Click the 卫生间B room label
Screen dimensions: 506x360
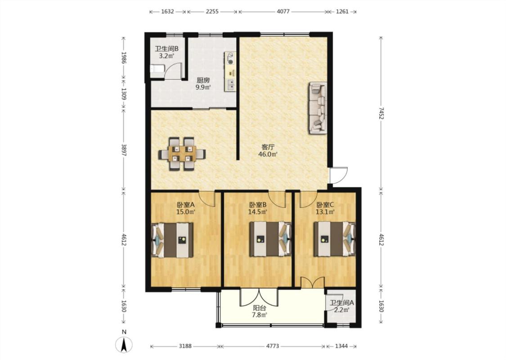[x=166, y=49]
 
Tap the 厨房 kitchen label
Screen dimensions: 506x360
[x=203, y=81]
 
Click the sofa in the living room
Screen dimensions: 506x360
[x=318, y=108]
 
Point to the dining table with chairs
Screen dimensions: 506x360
[x=182, y=154]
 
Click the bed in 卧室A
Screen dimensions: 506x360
[x=173, y=240]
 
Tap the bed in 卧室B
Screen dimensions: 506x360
[x=270, y=239]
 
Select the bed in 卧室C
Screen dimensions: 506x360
[x=335, y=239]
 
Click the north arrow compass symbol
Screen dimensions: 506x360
[x=124, y=344]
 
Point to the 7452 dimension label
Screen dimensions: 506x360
[x=381, y=113]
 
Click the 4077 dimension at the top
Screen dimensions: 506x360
[x=283, y=12]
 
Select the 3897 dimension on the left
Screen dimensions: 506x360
[x=124, y=150]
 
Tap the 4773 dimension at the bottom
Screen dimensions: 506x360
[x=273, y=346]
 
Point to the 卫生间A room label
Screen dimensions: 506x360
[x=342, y=303]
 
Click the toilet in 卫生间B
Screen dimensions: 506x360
[x=157, y=69]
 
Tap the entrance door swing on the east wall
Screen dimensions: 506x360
[x=339, y=176]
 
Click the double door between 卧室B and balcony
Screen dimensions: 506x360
[x=259, y=297]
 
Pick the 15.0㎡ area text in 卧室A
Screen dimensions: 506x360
[x=186, y=212]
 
